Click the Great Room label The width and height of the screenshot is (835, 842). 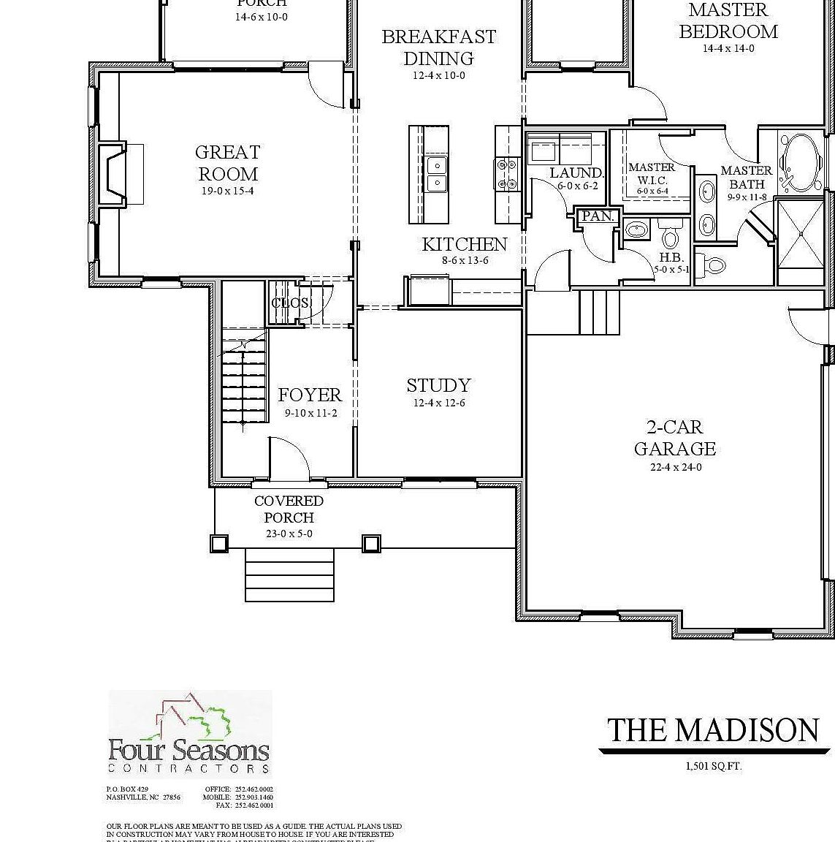coord(227,163)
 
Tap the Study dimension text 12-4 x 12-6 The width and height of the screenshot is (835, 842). coord(438,403)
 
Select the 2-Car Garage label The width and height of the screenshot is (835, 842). coord(674,438)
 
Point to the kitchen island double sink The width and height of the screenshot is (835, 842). coord(436,174)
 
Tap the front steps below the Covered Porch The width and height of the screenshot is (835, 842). coord(289,574)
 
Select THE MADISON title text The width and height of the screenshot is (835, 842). coord(713,730)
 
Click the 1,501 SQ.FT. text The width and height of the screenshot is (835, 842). coord(713,767)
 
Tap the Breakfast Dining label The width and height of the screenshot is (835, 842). coord(438,48)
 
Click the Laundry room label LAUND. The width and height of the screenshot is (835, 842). coord(576,173)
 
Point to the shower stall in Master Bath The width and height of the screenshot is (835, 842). coord(801,232)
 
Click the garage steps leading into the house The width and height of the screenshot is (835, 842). coord(599,311)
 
